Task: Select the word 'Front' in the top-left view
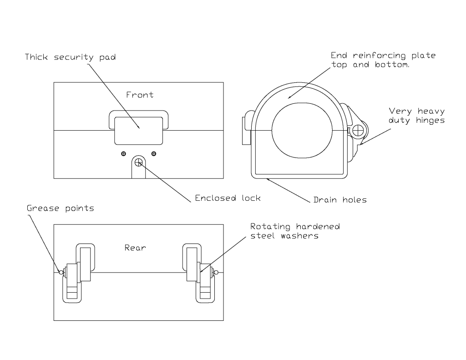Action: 140,95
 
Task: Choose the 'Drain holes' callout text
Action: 340,199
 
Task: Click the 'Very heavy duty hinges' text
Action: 416,116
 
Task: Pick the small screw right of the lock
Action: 154,153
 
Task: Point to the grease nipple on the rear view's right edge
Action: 217,273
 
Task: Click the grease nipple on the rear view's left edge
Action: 61,273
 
